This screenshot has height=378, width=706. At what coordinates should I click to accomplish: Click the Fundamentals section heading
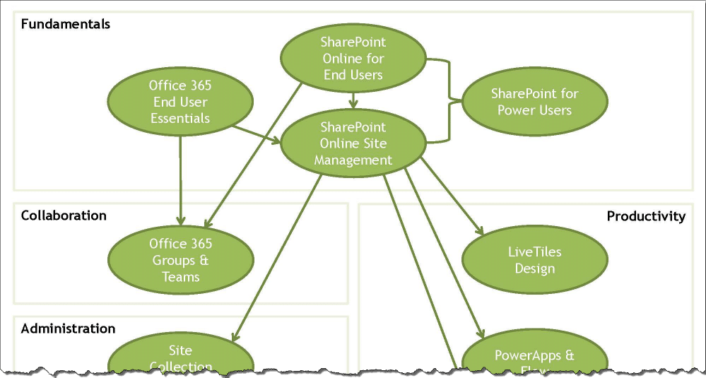(65, 25)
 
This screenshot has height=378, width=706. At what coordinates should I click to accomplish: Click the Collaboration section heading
(64, 215)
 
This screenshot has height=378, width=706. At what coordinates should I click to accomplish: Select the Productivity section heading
(646, 216)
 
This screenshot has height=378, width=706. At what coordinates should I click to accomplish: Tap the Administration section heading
(68, 329)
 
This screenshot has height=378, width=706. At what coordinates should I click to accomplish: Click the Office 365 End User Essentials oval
(180, 102)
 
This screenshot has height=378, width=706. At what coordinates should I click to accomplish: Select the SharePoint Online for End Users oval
(353, 59)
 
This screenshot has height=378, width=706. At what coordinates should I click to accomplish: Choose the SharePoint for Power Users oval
(534, 102)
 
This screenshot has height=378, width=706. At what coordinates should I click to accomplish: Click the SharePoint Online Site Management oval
(353, 143)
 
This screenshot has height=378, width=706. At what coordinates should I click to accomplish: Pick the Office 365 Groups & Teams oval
(180, 260)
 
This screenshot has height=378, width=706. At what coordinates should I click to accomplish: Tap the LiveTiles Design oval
(534, 260)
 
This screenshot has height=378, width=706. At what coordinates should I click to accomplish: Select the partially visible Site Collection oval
(180, 356)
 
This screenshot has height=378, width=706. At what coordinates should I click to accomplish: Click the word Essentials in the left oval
(180, 118)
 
